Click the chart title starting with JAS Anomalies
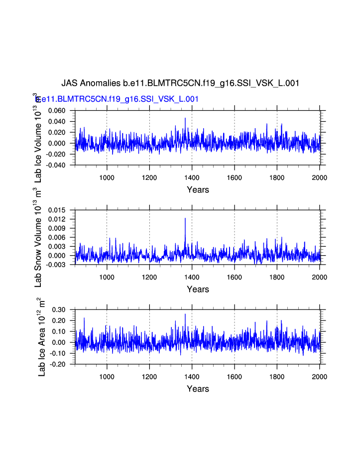(x=180, y=83)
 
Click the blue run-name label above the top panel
(x=118, y=99)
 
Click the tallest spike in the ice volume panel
(x=185, y=118)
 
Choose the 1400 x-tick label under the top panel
(x=192, y=178)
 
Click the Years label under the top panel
(x=198, y=190)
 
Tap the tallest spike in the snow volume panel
(x=185, y=218)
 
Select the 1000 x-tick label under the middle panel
(x=107, y=278)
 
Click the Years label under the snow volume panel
(x=198, y=290)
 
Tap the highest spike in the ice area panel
(x=185, y=314)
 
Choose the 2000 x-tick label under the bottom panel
(x=319, y=377)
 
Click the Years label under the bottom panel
(x=198, y=389)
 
